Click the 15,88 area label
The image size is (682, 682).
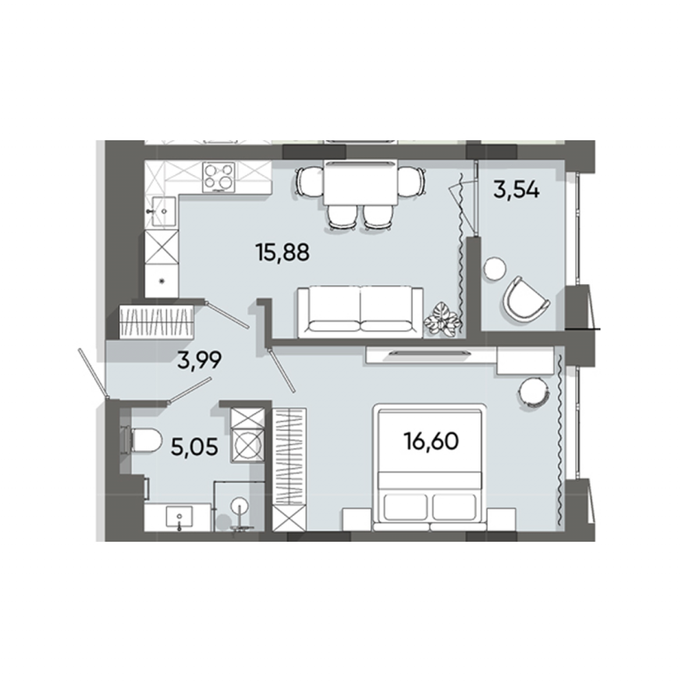click(x=282, y=252)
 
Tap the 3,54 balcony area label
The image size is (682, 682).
click(x=517, y=190)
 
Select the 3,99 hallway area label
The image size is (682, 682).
click(x=200, y=360)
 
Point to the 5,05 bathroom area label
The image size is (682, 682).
click(x=194, y=447)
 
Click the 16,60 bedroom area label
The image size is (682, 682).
click(x=431, y=441)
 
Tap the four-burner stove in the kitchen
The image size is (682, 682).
click(x=218, y=177)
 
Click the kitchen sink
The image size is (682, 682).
click(x=161, y=211)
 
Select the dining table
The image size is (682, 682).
click(x=361, y=183)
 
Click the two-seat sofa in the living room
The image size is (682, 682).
click(x=361, y=313)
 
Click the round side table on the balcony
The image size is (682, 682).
click(x=495, y=269)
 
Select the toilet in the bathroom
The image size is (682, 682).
click(x=141, y=440)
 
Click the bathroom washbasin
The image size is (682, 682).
click(x=178, y=518)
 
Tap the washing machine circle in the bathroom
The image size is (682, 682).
click(x=247, y=445)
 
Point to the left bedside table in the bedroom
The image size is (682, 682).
click(x=358, y=519)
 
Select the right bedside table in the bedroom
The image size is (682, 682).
click(x=502, y=519)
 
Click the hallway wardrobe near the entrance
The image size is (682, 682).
click(x=156, y=321)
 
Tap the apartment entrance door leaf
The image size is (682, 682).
click(x=92, y=373)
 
